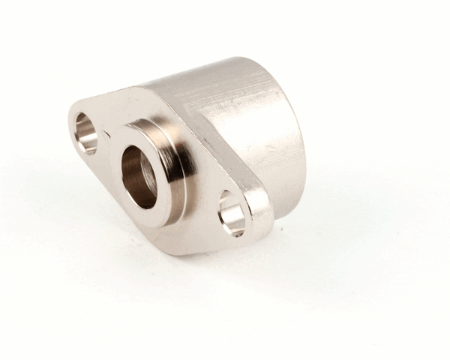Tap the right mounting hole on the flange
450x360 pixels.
tap(232, 213)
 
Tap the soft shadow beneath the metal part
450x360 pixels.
tap(225, 262)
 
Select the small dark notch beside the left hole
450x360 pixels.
tap(106, 134)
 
